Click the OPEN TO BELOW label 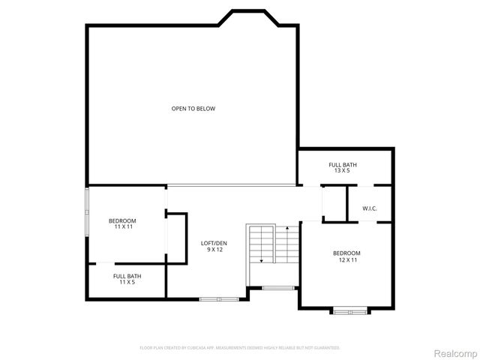pos(193,109)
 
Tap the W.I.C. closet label pos(348,208)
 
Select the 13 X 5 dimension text pos(342,171)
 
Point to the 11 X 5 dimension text pos(127,283)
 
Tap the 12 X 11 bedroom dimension pos(346,259)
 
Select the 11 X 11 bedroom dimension pos(122,226)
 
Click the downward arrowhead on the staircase pos(261,259)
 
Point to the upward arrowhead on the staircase pos(286,227)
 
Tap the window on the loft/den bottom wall pos(219,299)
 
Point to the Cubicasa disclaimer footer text pos(240,348)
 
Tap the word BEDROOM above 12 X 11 pos(346,253)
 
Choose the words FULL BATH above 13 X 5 pos(342,164)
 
